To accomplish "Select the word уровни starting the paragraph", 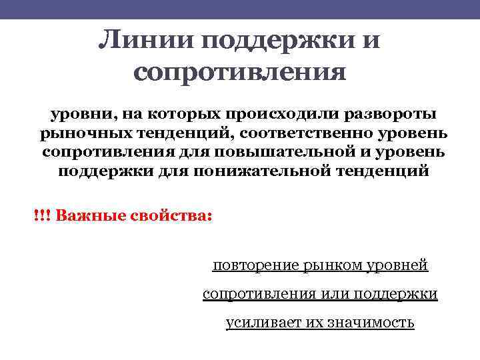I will [72, 113].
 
